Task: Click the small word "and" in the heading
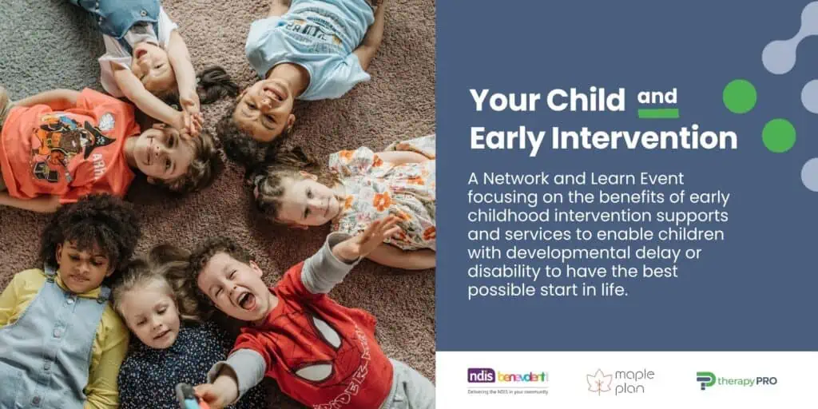(x=657, y=97)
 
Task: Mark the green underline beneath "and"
(x=658, y=113)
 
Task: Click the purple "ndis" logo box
(x=480, y=375)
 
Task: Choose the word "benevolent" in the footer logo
(x=522, y=376)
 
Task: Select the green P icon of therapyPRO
(x=705, y=380)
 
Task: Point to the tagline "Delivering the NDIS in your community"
(x=507, y=391)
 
